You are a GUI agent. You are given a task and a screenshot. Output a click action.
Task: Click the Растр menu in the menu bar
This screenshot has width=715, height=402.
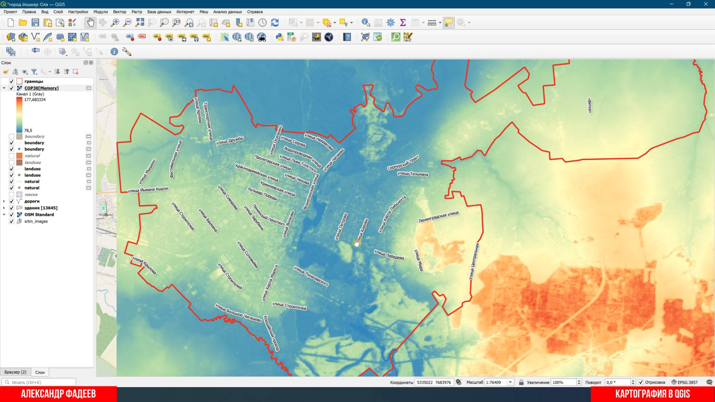(137, 12)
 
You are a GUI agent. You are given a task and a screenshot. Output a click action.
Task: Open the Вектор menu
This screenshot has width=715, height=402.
(120, 12)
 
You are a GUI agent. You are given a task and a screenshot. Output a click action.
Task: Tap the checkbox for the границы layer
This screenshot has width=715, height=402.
(12, 81)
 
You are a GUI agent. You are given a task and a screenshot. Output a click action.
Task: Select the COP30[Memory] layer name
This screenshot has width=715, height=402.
(41, 88)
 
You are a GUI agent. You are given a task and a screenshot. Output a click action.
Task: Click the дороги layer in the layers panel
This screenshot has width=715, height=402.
(32, 201)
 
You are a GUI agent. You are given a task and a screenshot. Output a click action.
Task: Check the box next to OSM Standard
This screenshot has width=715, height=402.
(12, 215)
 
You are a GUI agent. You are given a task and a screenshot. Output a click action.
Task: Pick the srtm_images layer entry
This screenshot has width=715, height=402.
(36, 221)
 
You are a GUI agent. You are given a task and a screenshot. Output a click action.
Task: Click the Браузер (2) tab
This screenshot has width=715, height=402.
(15, 372)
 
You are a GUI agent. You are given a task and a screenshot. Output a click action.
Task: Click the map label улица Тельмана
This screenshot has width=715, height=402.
(413, 174)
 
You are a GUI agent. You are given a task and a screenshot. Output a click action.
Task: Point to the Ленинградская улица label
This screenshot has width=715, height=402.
(438, 217)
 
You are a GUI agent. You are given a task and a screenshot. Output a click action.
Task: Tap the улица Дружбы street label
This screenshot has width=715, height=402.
(230, 140)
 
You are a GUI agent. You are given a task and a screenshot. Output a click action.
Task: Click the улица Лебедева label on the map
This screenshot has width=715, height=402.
(389, 255)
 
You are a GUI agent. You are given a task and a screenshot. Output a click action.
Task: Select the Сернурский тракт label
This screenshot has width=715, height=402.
(403, 163)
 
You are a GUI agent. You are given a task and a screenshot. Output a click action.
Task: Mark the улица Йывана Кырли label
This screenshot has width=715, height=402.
(148, 189)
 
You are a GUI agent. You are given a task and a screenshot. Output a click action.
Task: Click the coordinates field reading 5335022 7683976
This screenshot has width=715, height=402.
(434, 382)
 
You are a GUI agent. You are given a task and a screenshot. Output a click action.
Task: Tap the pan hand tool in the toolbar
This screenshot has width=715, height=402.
(90, 23)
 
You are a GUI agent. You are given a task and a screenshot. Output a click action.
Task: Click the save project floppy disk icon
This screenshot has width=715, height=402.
(35, 23)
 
